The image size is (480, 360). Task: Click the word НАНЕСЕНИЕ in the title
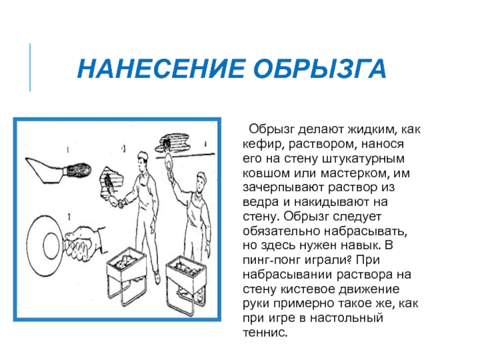tap(161, 68)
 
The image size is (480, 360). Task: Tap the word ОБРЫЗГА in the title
tap(320, 68)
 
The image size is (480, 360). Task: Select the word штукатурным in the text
tap(364, 159)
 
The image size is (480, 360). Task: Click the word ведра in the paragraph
tap(261, 202)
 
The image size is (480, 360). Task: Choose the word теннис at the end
tap(265, 332)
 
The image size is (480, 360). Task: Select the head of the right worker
tap(201, 182)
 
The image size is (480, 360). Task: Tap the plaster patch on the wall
tap(111, 183)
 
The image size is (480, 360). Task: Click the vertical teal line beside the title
tap(30, 67)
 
